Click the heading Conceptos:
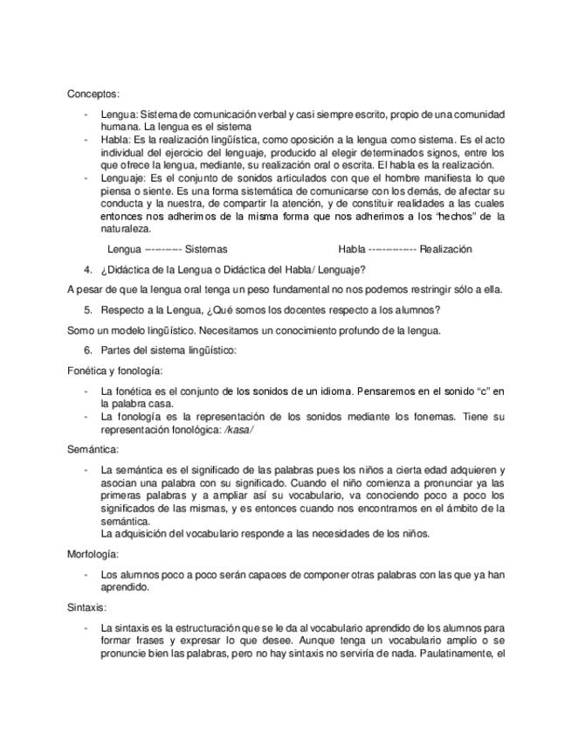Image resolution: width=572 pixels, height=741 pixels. coord(94,93)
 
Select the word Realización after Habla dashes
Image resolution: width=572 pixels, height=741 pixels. coord(445,249)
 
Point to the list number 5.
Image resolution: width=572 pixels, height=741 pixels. coord(88,309)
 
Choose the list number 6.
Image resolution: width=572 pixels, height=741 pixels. coord(88,350)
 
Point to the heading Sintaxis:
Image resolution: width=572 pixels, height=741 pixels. coord(87,606)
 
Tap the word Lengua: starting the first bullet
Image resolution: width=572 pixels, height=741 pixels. coord(119,115)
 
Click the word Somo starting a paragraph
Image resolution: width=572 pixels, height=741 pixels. coord(82,329)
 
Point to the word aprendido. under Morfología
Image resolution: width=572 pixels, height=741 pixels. coord(125,588)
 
